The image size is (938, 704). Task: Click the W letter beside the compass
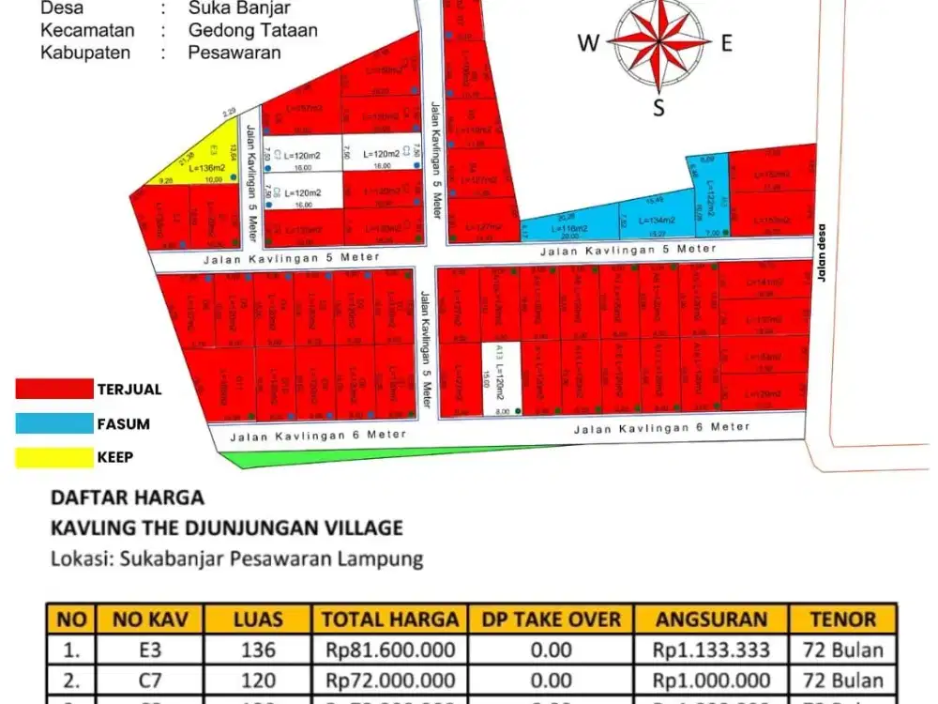click(588, 42)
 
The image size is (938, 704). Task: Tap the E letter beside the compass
click(726, 42)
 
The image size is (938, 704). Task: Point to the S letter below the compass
click(658, 107)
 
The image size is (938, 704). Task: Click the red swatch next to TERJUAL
click(54, 389)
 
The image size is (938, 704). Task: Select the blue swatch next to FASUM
click(54, 423)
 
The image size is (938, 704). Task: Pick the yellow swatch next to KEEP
click(54, 457)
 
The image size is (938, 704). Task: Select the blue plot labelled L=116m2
click(570, 225)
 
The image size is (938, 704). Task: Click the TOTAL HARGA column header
click(390, 620)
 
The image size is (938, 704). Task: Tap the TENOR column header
click(842, 620)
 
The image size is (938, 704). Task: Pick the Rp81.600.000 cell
click(390, 650)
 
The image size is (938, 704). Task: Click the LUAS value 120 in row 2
click(258, 681)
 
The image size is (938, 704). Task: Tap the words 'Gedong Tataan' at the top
click(252, 30)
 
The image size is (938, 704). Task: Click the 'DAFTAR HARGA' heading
click(127, 497)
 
